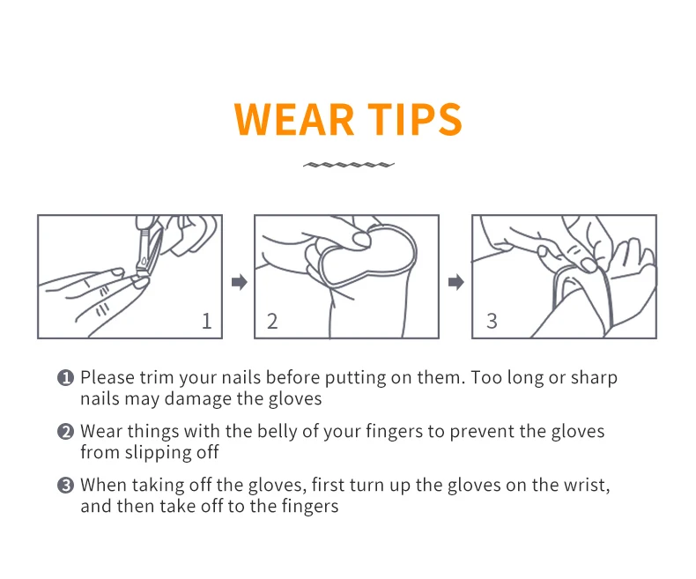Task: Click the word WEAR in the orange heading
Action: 294,119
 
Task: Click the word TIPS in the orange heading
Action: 415,119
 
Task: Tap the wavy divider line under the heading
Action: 349,165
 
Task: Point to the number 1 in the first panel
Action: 206,321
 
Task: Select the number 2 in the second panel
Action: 272,321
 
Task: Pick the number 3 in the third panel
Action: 492,321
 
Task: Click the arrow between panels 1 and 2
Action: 240,282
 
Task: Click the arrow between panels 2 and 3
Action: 455,282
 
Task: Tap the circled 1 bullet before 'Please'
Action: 66,378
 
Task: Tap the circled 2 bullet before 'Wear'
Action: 66,432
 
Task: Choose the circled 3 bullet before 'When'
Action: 66,486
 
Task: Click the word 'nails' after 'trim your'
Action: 241,377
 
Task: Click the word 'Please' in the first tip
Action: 107,377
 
